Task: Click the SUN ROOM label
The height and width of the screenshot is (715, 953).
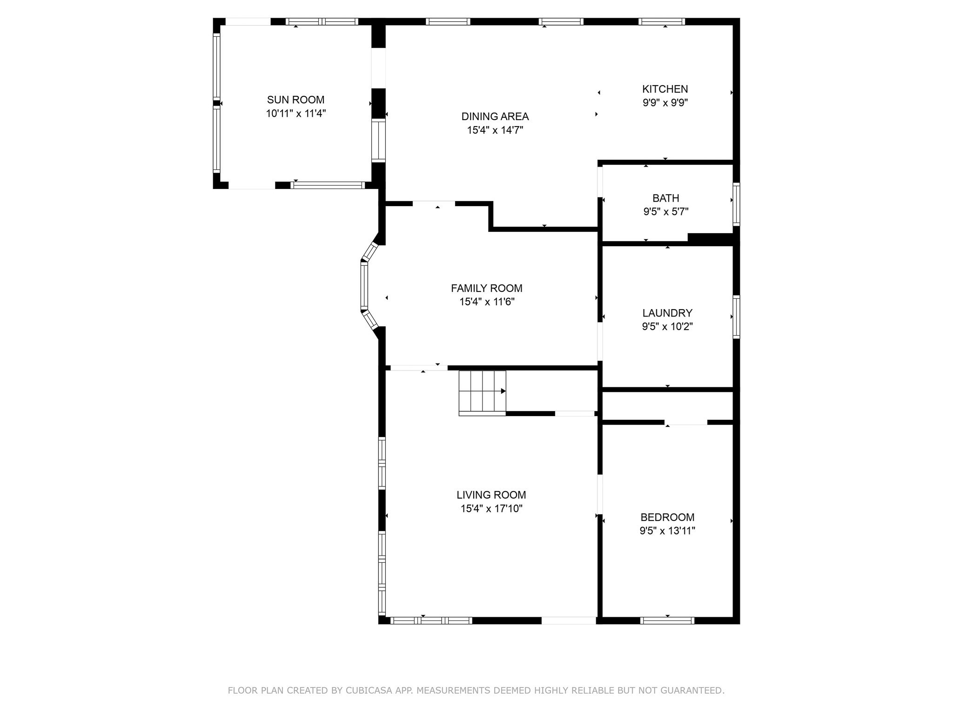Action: pos(295,100)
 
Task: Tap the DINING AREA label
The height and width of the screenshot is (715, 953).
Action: pos(495,116)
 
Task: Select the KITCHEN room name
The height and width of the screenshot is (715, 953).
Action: pos(665,89)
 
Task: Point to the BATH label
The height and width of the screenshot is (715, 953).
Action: pos(666,198)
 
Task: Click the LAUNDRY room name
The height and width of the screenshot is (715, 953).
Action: pos(667,313)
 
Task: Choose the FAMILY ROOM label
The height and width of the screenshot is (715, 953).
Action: pos(487,288)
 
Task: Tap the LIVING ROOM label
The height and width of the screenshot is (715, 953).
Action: pos(491,495)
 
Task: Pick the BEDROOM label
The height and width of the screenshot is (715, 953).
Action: pos(667,517)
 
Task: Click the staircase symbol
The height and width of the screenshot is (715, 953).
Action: pos(482,392)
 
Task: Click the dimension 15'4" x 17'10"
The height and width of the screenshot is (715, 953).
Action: pos(491,509)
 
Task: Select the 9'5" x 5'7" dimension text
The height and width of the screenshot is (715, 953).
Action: pos(666,212)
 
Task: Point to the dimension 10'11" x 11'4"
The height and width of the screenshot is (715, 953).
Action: pos(296,113)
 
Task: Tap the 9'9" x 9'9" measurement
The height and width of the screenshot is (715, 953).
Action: pos(665,102)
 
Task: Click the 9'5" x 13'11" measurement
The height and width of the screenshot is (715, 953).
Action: pos(667,531)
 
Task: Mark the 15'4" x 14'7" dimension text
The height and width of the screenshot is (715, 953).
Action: pos(495,130)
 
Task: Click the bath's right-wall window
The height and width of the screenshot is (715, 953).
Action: pos(736,204)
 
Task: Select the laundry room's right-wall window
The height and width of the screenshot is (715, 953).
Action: pos(736,317)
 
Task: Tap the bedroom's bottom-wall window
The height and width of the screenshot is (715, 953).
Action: pos(667,620)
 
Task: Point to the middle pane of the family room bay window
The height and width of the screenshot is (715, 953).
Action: pos(364,286)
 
